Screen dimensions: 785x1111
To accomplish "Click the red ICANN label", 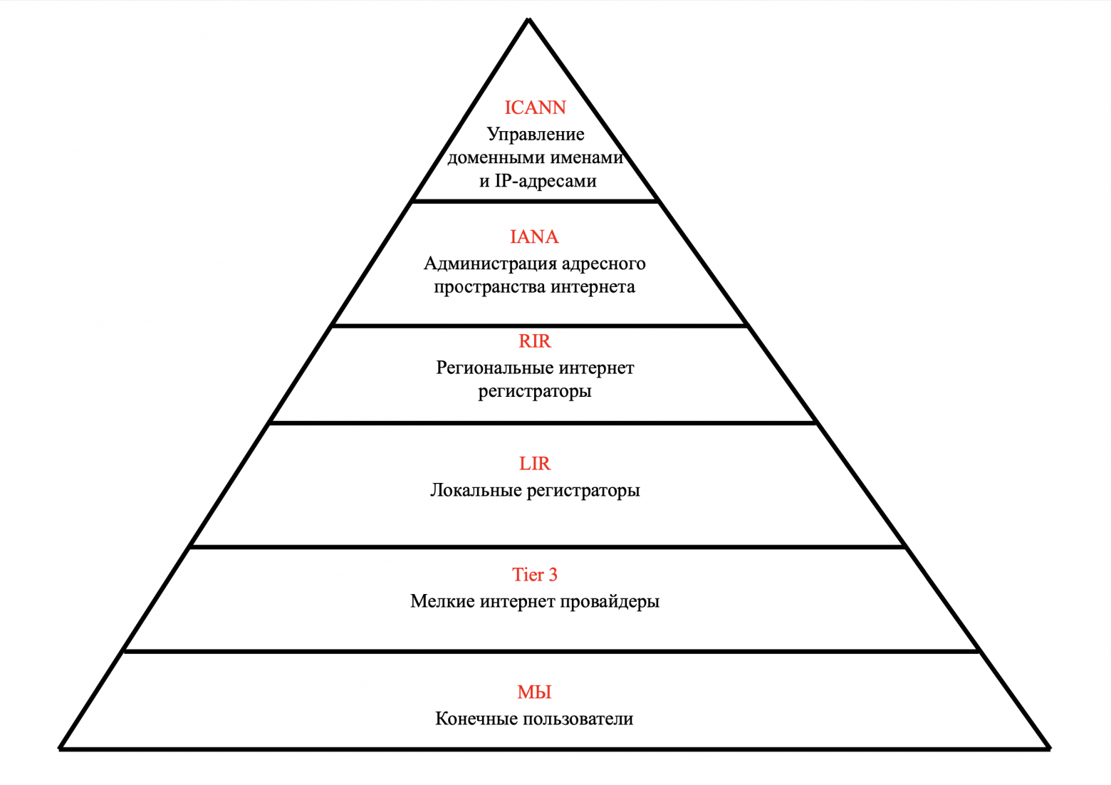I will point(535,108).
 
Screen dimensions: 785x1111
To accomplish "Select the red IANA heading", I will point(534,236).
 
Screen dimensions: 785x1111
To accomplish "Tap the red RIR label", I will point(534,341).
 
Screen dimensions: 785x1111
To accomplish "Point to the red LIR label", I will point(534,464).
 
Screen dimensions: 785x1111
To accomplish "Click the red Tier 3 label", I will point(534,575).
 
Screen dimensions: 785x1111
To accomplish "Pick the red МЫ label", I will point(534,692).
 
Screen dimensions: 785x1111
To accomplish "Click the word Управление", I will point(536,135).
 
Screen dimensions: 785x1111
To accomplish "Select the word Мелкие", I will point(442,601).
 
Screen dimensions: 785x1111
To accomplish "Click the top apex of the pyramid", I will point(528,20).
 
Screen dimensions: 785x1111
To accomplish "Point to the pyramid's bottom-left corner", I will point(61,748).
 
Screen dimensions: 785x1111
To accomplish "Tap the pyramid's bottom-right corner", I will point(1048,748).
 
